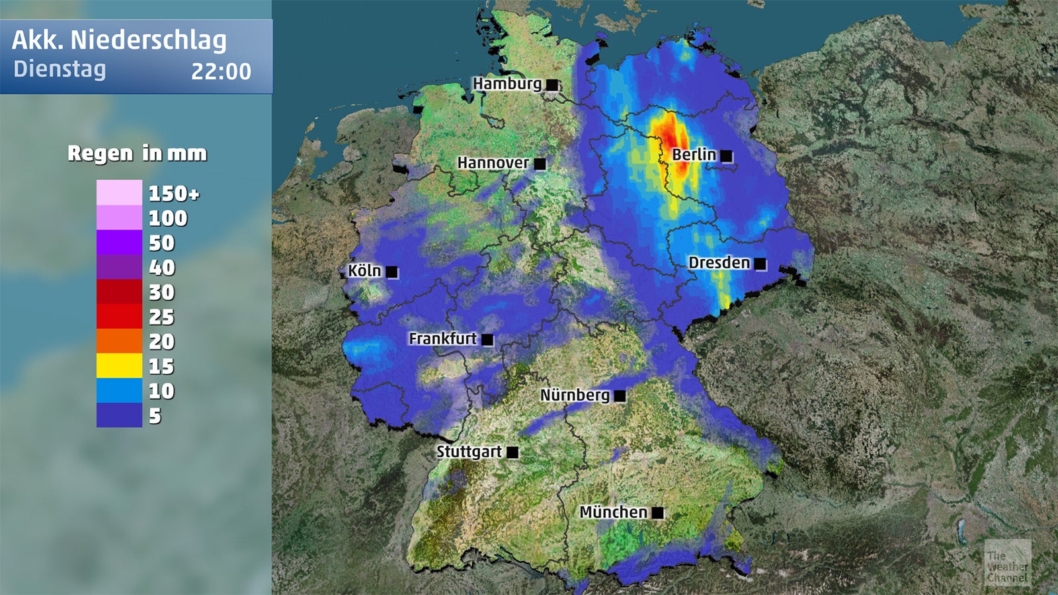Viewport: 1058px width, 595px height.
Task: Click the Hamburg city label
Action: coord(507,84)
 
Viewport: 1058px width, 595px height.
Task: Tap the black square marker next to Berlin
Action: coord(726,156)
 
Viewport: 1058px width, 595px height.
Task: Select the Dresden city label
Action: coord(719,263)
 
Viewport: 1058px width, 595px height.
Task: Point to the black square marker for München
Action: coord(657,512)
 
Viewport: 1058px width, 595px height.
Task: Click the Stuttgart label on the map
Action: coord(469,452)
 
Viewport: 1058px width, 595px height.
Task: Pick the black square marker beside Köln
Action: coord(391,272)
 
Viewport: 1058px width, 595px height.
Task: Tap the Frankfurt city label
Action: coord(442,338)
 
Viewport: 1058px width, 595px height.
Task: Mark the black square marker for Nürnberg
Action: coord(620,395)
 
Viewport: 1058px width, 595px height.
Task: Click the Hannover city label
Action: coord(493,163)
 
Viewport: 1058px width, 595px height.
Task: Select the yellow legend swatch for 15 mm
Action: coord(119,366)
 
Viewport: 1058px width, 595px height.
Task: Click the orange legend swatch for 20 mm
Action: coord(119,341)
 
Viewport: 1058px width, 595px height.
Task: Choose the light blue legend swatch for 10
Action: coord(119,390)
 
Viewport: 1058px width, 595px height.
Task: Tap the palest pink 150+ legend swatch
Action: coord(119,193)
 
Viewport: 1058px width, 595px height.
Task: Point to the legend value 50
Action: coord(161,243)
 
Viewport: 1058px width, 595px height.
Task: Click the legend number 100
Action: coord(167,218)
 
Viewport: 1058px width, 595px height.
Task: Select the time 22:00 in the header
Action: coord(221,71)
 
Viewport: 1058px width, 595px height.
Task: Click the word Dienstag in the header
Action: coord(60,69)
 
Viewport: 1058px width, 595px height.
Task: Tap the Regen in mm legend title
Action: coord(137,153)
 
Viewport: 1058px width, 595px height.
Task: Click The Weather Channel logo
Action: coord(1007,563)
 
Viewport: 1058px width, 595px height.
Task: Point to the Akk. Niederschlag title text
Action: coord(119,40)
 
